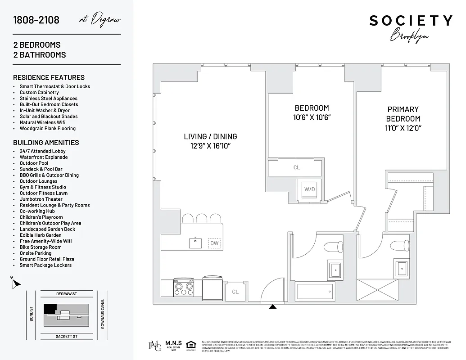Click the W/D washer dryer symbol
(x=309, y=189)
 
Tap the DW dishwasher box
(x=214, y=243)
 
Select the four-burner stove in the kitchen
(x=184, y=286)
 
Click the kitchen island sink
(x=195, y=243)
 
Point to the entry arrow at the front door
(x=272, y=307)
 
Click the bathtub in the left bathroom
(x=315, y=292)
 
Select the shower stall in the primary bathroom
(x=377, y=291)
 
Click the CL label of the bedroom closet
(x=296, y=167)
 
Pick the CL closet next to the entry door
(x=235, y=292)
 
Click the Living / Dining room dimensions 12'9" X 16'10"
(x=210, y=146)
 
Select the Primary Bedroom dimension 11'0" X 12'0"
(x=403, y=128)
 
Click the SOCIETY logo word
(x=411, y=21)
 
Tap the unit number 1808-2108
(x=36, y=20)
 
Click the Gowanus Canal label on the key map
(x=103, y=314)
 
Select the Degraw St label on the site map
(x=67, y=294)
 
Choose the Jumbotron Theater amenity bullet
(x=41, y=199)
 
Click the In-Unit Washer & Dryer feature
(x=45, y=110)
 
